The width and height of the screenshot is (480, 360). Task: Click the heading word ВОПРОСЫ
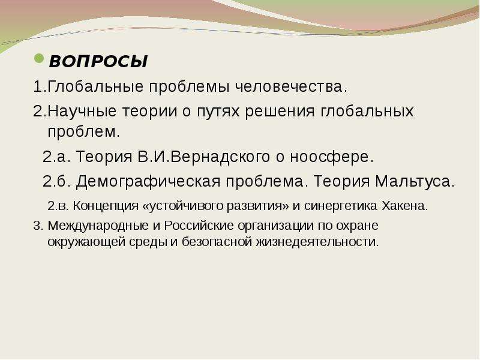[x=98, y=61]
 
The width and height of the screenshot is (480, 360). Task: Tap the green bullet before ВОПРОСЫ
[x=39, y=58]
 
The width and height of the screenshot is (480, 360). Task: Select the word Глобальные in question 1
[x=95, y=86]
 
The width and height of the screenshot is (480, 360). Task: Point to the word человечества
[x=292, y=86]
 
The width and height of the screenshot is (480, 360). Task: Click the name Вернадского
[x=220, y=157]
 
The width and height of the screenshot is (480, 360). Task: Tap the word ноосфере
[x=332, y=157]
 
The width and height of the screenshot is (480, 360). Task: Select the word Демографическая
[x=148, y=181]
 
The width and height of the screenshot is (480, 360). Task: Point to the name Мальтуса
[x=415, y=181]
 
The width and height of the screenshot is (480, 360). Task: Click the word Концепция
[x=106, y=206]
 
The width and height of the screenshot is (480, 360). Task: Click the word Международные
[x=98, y=226]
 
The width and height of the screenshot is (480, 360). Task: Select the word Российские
[x=199, y=226]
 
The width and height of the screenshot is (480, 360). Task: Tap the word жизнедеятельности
[x=317, y=242]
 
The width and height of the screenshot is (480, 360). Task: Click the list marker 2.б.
[x=56, y=181]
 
